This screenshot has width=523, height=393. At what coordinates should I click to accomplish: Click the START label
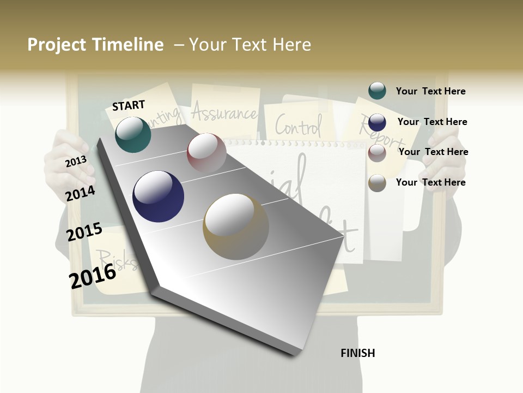coord(129,105)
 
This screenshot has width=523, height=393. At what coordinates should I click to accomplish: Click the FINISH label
coord(357,353)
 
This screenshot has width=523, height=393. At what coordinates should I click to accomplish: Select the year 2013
coord(76,161)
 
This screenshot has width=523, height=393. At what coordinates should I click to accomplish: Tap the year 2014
coord(80,193)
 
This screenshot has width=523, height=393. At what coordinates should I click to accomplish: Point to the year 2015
coord(84,232)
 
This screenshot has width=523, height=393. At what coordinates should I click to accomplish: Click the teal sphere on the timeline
coord(133,134)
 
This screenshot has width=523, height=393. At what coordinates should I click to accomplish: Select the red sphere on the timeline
coord(206,153)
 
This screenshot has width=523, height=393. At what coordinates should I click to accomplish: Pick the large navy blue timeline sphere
coord(158,196)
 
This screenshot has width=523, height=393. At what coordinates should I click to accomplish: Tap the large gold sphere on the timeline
coord(236,227)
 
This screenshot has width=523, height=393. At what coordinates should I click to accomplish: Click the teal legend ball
coord(377,91)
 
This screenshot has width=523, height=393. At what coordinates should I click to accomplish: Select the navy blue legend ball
coord(377,122)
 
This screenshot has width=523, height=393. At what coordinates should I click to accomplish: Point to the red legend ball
coord(377,152)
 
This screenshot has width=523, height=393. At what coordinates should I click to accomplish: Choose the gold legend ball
coord(377,182)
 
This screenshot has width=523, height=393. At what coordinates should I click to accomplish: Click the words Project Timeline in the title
coord(95,45)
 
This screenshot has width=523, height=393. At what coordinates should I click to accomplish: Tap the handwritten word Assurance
coord(224,113)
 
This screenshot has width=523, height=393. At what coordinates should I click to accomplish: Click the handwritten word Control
coord(298,125)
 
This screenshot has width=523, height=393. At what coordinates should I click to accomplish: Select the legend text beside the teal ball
coord(430,91)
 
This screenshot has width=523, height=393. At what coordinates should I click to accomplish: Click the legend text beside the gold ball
coord(430,182)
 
